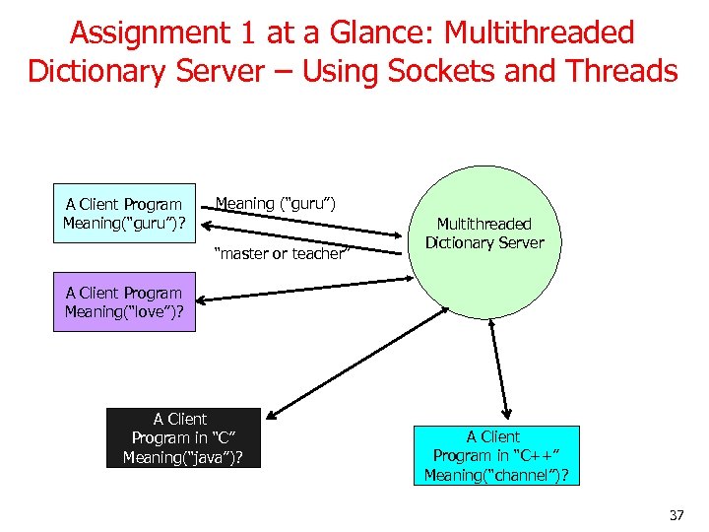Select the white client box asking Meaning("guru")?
(124, 214)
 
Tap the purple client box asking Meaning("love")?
(124, 302)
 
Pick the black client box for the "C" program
(183, 437)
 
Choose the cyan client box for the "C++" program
(496, 455)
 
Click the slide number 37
(676, 515)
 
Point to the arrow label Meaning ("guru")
(276, 204)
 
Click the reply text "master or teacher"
(280, 254)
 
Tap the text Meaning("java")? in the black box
(183, 457)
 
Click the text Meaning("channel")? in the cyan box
(496, 475)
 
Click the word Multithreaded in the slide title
(540, 33)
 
